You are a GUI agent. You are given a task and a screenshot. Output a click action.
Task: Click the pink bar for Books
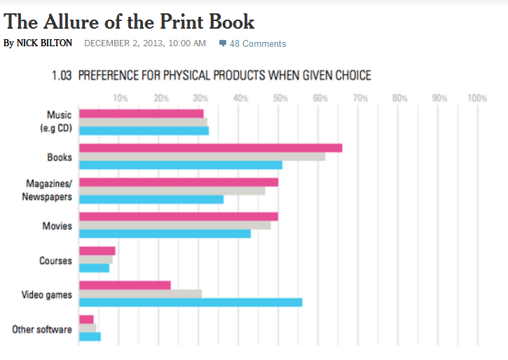pyautogui.click(x=210, y=148)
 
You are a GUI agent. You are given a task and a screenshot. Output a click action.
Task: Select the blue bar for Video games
pyautogui.click(x=191, y=302)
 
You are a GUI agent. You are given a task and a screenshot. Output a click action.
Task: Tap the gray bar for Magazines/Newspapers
pyautogui.click(x=172, y=191)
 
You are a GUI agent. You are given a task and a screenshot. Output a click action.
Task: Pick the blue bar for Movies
pyautogui.click(x=165, y=233)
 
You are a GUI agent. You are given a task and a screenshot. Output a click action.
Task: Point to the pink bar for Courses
pyautogui.click(x=97, y=251)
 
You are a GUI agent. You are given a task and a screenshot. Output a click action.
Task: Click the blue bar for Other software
pyautogui.click(x=90, y=336)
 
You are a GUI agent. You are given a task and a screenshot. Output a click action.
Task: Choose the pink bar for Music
pyautogui.click(x=141, y=113)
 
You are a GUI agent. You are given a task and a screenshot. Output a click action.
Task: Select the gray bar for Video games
pyautogui.click(x=140, y=293)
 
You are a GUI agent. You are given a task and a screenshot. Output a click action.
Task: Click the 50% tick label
pyautogui.click(x=280, y=98)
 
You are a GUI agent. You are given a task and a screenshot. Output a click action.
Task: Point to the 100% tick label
pyautogui.click(x=476, y=98)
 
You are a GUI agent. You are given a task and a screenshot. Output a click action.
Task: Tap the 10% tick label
pyautogui.click(x=121, y=98)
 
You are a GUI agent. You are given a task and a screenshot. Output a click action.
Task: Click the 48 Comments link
pyautogui.click(x=258, y=43)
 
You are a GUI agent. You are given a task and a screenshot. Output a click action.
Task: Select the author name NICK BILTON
pyautogui.click(x=44, y=43)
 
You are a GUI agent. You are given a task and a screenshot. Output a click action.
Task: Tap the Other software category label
pyautogui.click(x=42, y=329)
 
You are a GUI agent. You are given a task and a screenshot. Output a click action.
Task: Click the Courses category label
pyautogui.click(x=55, y=261)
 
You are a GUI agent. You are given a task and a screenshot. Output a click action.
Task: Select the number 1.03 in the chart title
pyautogui.click(x=62, y=75)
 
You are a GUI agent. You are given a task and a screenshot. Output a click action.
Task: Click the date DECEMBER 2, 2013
pyautogui.click(x=123, y=43)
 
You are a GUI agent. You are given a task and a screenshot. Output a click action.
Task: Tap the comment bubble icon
pyautogui.click(x=223, y=43)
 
